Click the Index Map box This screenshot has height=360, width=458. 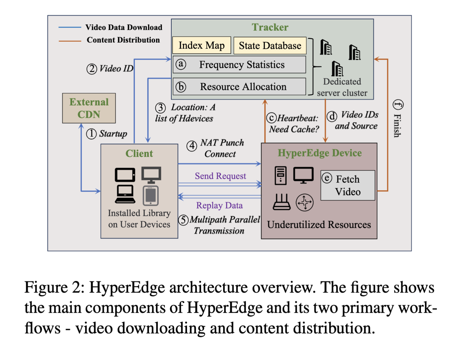(202, 45)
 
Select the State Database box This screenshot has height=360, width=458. (270, 45)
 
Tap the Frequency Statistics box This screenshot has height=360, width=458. (239, 65)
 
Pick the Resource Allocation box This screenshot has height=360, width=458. (239, 86)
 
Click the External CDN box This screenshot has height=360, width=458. (89, 108)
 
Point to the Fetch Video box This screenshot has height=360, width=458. (348, 185)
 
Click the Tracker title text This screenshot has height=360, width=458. (270, 27)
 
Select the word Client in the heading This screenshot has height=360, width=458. (139, 154)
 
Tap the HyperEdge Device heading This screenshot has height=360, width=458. (320, 153)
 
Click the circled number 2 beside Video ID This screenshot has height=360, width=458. (92, 69)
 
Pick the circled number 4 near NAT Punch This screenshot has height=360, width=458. (192, 146)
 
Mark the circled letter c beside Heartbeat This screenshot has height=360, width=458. (272, 118)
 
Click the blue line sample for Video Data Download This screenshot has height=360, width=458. (70, 27)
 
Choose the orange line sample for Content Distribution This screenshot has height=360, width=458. (70, 41)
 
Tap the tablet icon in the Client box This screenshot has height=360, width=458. (151, 196)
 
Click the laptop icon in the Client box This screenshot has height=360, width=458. (125, 194)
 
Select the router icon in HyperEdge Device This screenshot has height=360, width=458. (281, 202)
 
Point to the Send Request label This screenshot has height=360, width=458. (220, 176)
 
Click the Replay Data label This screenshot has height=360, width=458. (219, 205)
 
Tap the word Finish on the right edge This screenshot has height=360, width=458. (397, 126)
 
